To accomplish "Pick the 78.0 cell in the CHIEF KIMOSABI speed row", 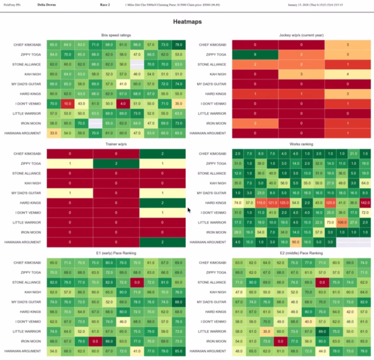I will (179, 44).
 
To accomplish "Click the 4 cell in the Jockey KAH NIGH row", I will (347, 73).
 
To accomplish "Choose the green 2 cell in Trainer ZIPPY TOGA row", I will (116, 163).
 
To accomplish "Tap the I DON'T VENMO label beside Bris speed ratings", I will (31, 103).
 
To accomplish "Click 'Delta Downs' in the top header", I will (46, 4).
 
